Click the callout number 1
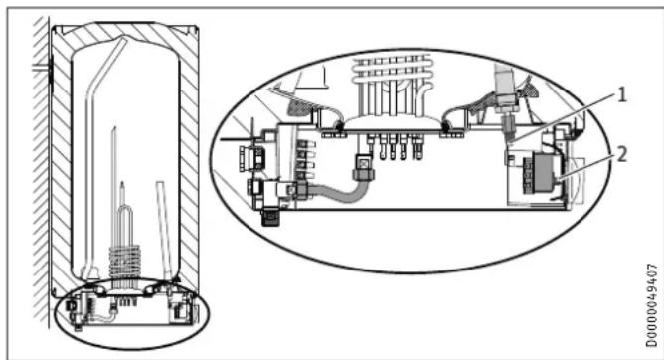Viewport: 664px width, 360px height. click(x=621, y=95)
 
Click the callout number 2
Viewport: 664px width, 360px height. click(x=621, y=154)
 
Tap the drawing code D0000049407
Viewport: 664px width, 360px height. click(x=652, y=305)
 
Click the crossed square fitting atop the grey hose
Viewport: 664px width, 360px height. click(x=363, y=162)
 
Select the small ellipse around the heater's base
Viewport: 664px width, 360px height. click(x=131, y=314)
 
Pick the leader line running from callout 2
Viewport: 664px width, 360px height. click(x=586, y=168)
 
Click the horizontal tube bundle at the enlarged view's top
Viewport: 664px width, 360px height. click(x=392, y=67)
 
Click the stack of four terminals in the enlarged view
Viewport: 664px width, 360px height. click(x=306, y=159)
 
